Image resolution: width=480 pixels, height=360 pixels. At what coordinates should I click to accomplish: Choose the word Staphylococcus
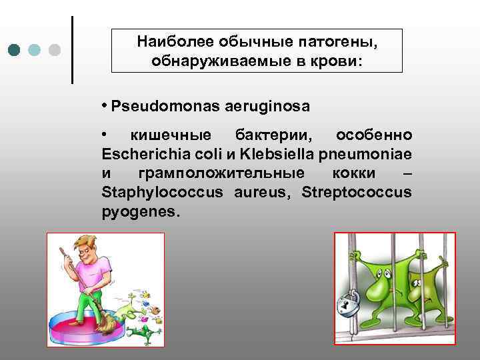[x=164, y=193]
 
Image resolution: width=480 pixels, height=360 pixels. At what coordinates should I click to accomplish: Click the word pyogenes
[x=140, y=212]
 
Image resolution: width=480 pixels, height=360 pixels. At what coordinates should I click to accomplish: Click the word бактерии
[x=267, y=135]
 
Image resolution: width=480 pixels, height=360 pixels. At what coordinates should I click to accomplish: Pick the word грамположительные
[x=221, y=173]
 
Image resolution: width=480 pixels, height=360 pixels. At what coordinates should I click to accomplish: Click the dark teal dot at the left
[x=15, y=50]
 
